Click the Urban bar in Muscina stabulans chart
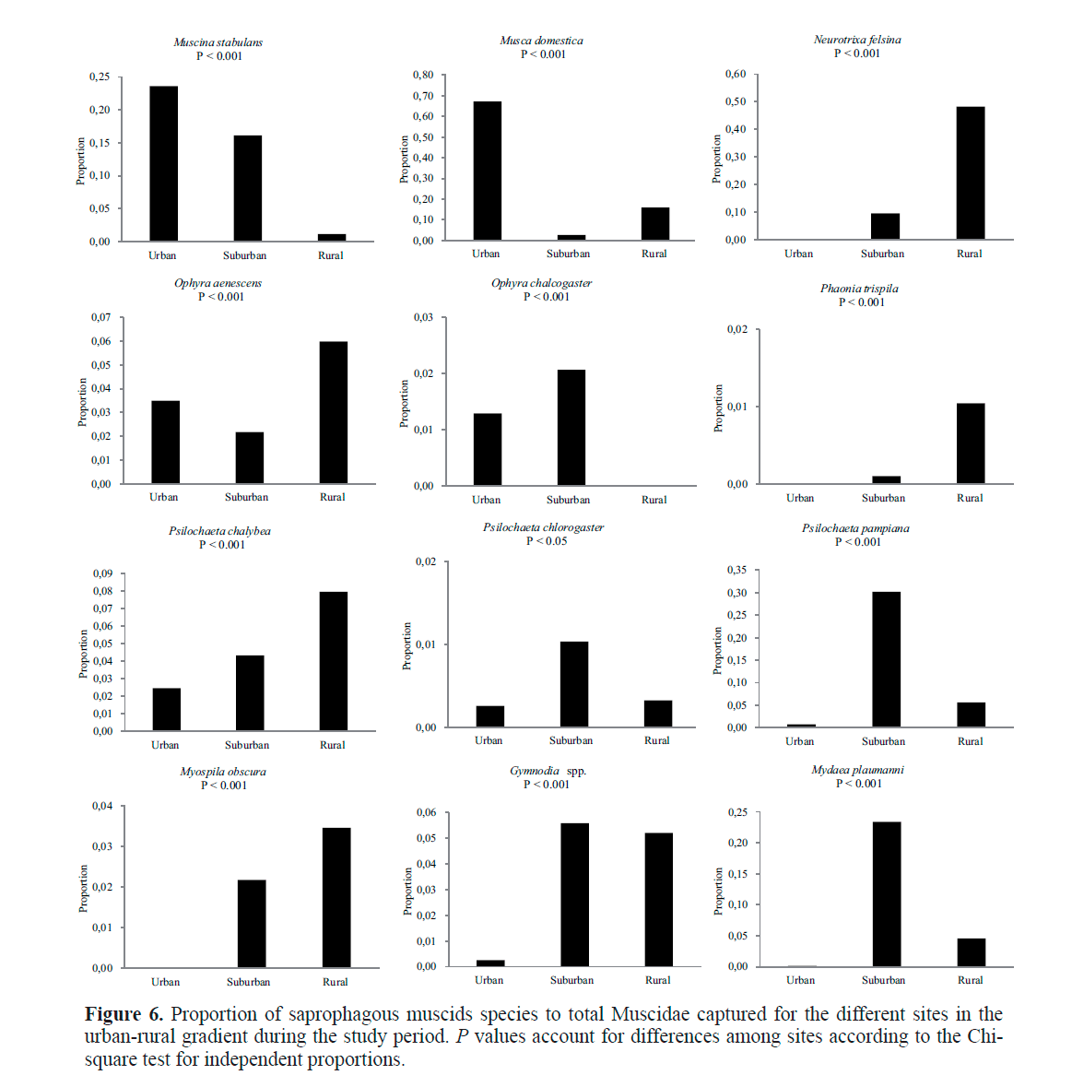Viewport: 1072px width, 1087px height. pos(164,163)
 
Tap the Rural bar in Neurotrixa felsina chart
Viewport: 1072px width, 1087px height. pos(970,172)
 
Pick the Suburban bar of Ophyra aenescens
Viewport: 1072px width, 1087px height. pos(249,457)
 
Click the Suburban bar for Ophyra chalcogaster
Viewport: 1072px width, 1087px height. pos(571,427)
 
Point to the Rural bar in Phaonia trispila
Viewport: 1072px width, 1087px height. pos(970,443)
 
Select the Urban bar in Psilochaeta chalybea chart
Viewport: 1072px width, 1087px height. pos(166,709)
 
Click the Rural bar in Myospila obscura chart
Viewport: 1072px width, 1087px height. pos(336,897)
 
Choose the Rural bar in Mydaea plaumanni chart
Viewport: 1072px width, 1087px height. pos(971,952)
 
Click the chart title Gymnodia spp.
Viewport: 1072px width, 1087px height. pos(548,771)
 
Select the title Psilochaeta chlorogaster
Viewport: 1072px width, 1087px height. pos(543,527)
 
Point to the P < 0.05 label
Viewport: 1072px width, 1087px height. pos(547,541)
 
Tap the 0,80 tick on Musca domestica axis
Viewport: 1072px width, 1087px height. pos(423,76)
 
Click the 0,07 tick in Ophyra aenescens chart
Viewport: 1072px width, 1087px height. pos(100,317)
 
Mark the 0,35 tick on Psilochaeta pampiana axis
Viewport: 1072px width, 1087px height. pos(736,570)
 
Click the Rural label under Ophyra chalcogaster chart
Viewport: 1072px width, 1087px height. pos(654,500)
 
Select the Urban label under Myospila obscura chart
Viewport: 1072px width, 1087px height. pos(166,982)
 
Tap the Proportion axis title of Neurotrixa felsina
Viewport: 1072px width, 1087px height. pos(717,159)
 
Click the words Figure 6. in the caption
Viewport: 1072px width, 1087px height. pos(124,1014)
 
